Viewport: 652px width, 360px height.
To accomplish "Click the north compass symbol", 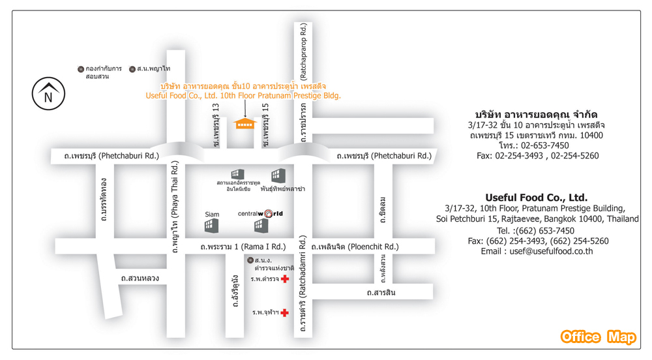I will coord(48,95).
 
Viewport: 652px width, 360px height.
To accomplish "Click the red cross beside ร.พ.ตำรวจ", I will coord(285,279).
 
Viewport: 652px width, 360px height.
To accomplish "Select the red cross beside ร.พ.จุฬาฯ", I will coord(285,313).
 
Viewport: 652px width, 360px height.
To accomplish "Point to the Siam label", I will coord(212,214).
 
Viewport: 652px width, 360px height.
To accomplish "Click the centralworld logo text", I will coord(260,213).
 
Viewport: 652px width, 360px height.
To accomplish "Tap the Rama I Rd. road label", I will coord(243,247).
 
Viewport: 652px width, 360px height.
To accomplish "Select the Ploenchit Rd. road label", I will coord(355,247).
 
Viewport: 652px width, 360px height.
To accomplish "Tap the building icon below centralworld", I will coord(261,226).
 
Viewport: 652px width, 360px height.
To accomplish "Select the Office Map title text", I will coord(598,337).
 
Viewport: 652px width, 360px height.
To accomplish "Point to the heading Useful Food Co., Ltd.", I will coord(536,197).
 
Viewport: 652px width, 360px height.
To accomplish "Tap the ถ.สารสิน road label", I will coord(381,293).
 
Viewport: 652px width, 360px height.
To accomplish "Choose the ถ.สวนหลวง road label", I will coord(140,278).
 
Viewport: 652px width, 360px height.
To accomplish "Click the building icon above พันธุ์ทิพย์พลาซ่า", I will coord(278,175).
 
